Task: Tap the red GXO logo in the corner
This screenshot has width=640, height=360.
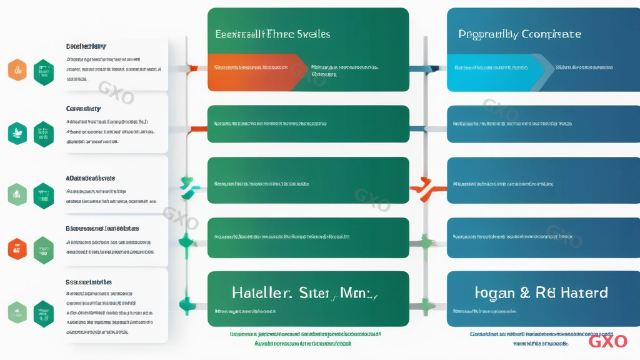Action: [x=607, y=341]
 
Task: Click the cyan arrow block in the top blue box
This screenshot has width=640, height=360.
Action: [x=494, y=67]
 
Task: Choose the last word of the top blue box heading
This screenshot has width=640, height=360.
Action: [x=550, y=34]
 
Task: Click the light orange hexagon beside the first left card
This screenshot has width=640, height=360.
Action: [x=17, y=70]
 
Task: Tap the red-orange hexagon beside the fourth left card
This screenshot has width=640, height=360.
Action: [x=17, y=248]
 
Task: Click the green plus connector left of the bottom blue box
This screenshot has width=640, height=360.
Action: [x=427, y=307]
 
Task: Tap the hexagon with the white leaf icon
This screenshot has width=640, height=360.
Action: [x=17, y=132]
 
